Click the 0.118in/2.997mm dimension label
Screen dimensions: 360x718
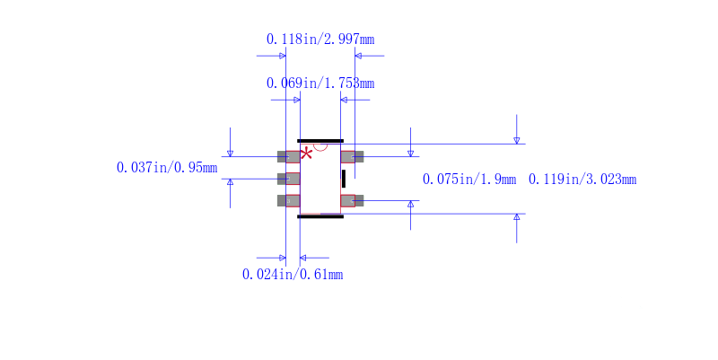(320, 40)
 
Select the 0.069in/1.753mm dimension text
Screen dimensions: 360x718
(320, 83)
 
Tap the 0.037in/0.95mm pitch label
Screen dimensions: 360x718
(167, 168)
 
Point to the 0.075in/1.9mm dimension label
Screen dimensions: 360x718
(469, 180)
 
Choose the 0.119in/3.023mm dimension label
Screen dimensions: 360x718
(582, 180)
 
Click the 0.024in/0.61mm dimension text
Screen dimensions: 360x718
(293, 275)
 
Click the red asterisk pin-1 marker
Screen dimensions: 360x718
(306, 154)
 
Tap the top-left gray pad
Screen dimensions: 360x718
(289, 157)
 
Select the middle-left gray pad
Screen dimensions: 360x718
(289, 179)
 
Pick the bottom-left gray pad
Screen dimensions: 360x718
(289, 200)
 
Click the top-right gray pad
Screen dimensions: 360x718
(352, 157)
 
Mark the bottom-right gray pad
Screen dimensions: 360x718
(352, 200)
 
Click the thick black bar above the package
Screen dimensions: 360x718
(320, 141)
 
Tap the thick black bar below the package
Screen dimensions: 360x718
(320, 216)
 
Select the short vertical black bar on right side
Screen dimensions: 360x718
(343, 179)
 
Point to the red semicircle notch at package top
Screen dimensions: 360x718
(320, 146)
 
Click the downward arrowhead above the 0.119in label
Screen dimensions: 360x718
(516, 140)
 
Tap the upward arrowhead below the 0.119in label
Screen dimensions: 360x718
(516, 217)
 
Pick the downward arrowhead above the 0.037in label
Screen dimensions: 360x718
(230, 154)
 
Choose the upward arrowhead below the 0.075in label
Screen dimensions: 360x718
(411, 204)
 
